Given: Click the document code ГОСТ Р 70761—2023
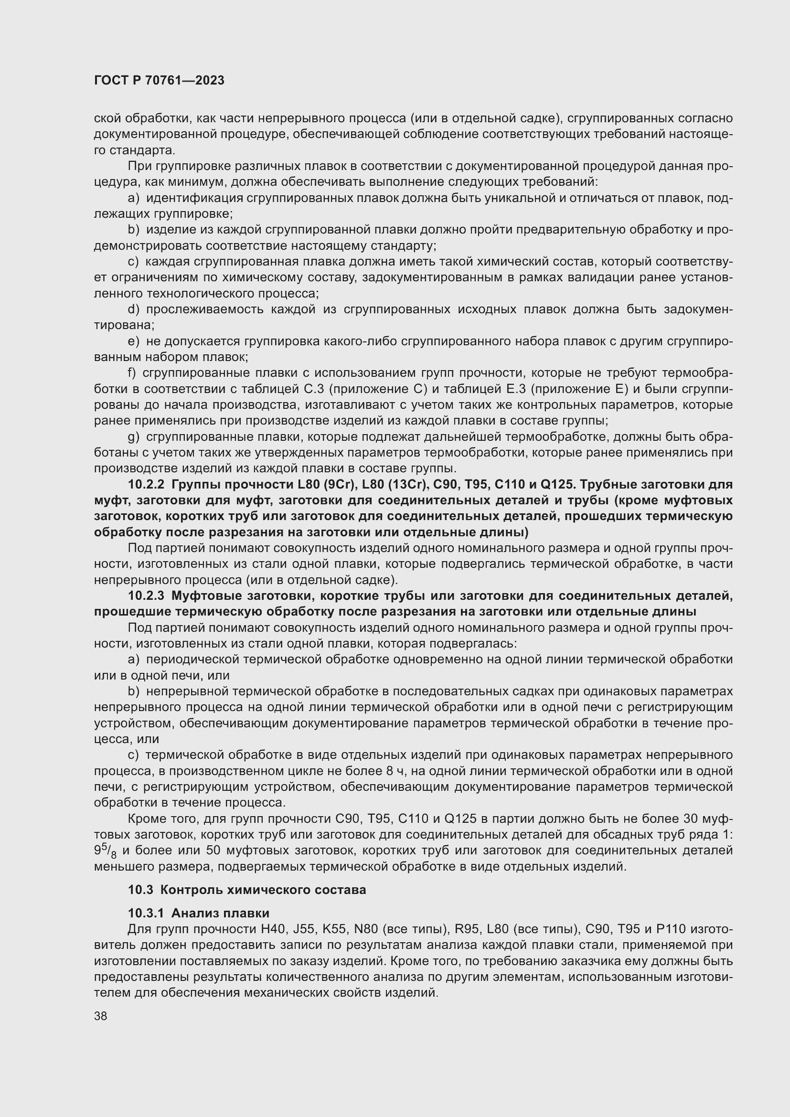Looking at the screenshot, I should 159,81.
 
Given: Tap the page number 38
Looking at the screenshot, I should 101,1016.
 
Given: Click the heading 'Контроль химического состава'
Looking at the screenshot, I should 263,890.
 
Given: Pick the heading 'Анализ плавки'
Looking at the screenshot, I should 220,913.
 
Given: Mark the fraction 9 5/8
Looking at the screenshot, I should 105,851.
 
